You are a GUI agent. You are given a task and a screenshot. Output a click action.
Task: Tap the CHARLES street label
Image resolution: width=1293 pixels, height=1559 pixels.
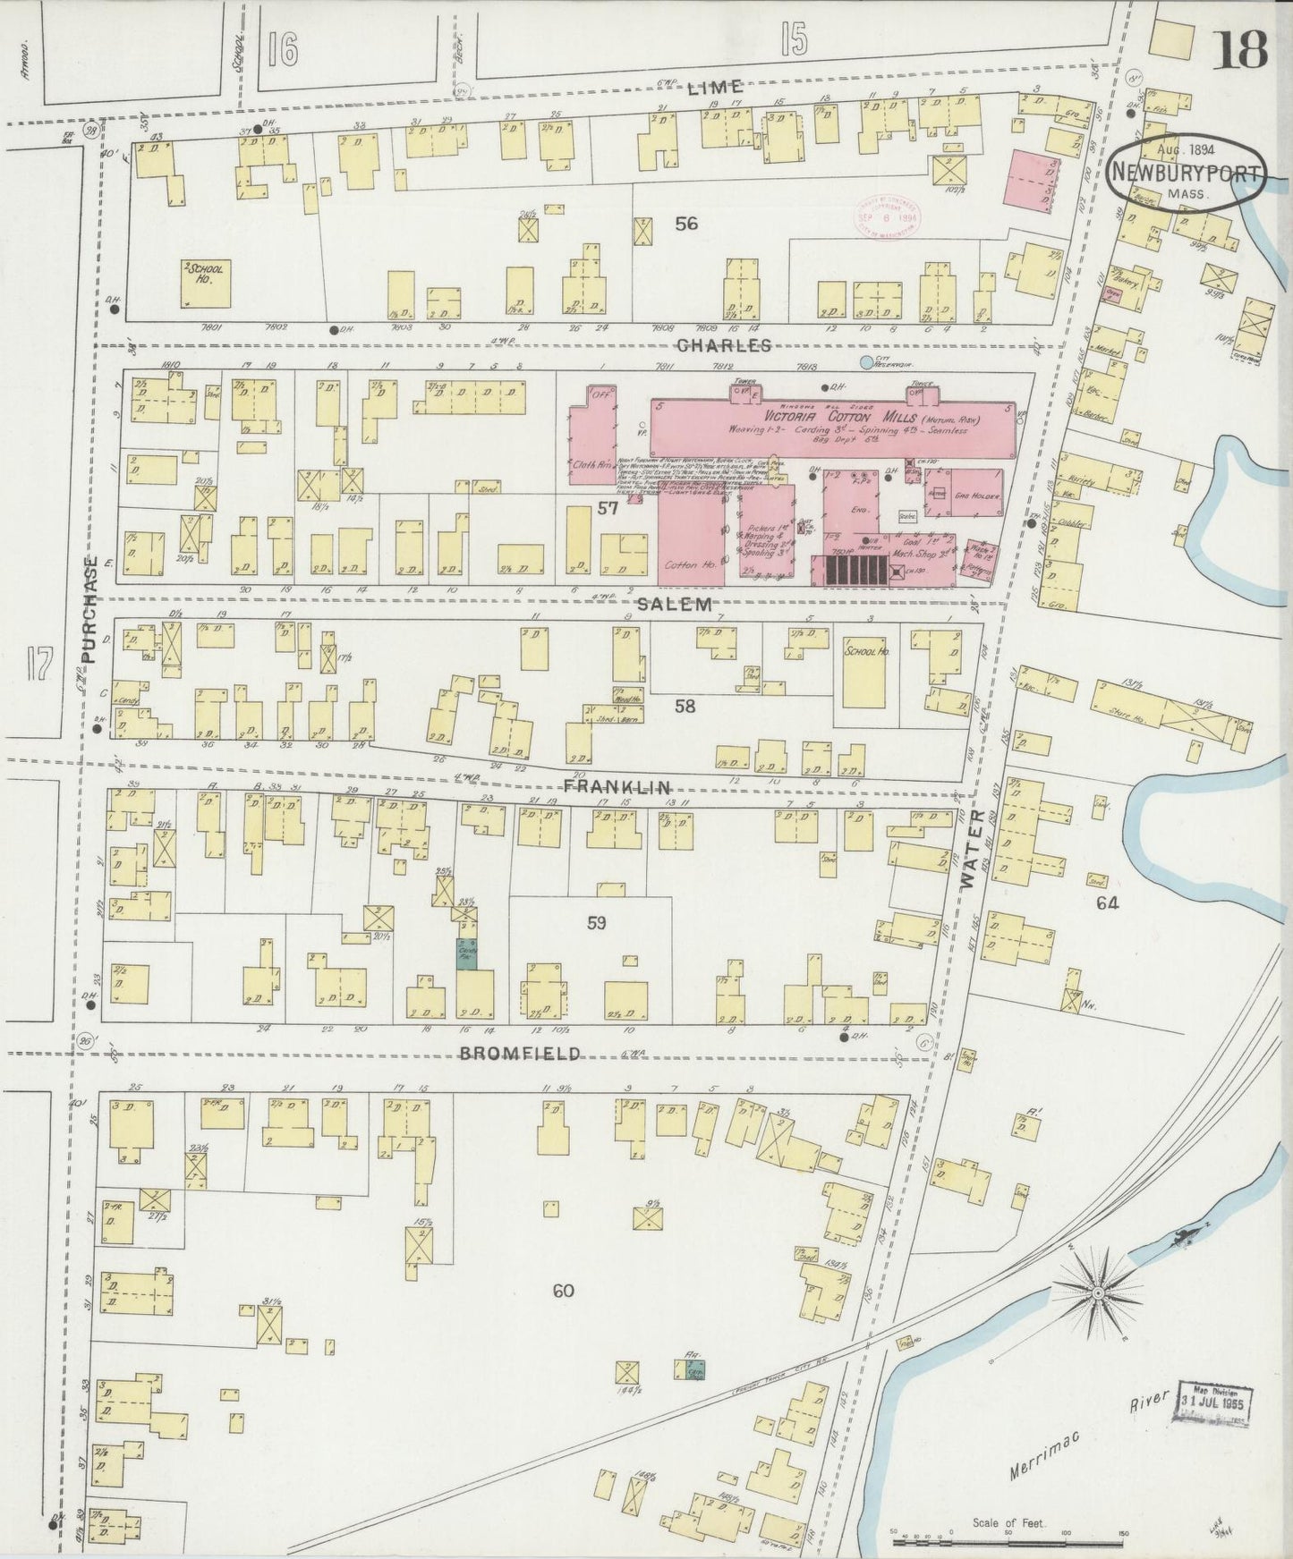click(724, 345)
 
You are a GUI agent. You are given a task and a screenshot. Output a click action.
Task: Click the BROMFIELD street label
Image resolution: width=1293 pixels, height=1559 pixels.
click(520, 1053)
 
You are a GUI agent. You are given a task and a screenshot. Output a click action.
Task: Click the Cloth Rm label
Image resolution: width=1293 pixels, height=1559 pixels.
click(590, 464)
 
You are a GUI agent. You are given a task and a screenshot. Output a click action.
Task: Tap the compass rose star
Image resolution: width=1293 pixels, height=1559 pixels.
click(1098, 1293)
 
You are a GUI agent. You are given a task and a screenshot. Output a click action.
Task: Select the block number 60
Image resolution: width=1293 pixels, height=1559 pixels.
click(563, 1291)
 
